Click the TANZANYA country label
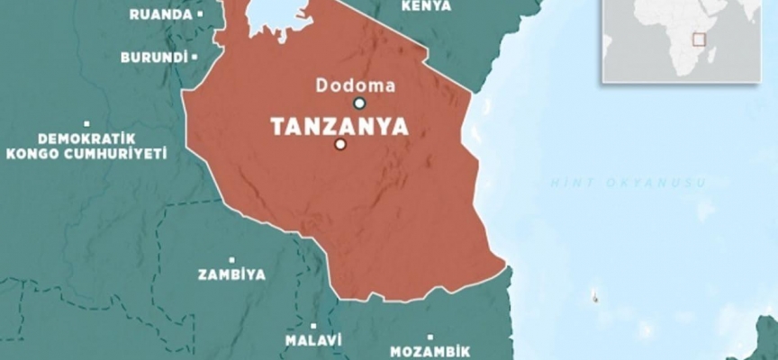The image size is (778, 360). tap(339, 126)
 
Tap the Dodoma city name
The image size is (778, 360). tap(356, 85)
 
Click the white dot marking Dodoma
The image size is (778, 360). tap(358, 103)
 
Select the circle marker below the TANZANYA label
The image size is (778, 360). tap(339, 145)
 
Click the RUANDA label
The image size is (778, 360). tap(161, 14)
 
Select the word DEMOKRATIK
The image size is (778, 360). tap(86, 139)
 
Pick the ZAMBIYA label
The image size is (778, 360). tap(231, 274)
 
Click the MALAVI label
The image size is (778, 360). tap(313, 341)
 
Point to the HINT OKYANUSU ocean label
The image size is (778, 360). tap(629, 183)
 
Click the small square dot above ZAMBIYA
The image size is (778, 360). tap(232, 259)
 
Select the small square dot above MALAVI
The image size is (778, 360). tap(313, 326)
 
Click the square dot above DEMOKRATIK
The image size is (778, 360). tap(86, 123)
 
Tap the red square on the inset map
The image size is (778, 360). tap(696, 39)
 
